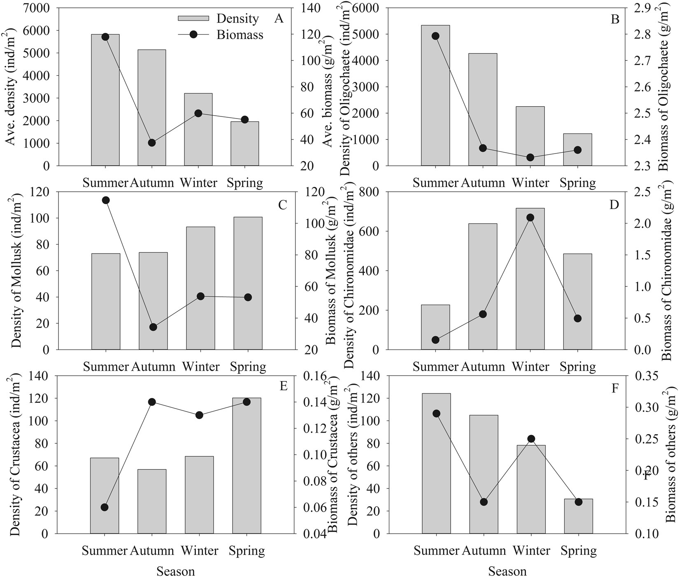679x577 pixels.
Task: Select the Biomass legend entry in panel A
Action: (240, 35)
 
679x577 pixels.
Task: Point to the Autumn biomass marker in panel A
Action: (152, 143)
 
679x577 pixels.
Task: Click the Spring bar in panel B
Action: (578, 150)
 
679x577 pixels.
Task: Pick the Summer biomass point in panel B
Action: (436, 36)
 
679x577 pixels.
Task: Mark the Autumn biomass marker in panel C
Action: (153, 327)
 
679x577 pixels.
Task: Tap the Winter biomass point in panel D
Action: (530, 217)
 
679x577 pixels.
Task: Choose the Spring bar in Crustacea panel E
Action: (246, 465)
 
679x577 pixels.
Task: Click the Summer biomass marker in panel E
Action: (105, 507)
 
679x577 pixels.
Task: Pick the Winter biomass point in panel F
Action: (531, 439)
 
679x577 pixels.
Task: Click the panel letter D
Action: (614, 205)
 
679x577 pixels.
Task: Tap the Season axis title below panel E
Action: (176, 571)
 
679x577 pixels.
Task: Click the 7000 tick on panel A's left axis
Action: (38, 8)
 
